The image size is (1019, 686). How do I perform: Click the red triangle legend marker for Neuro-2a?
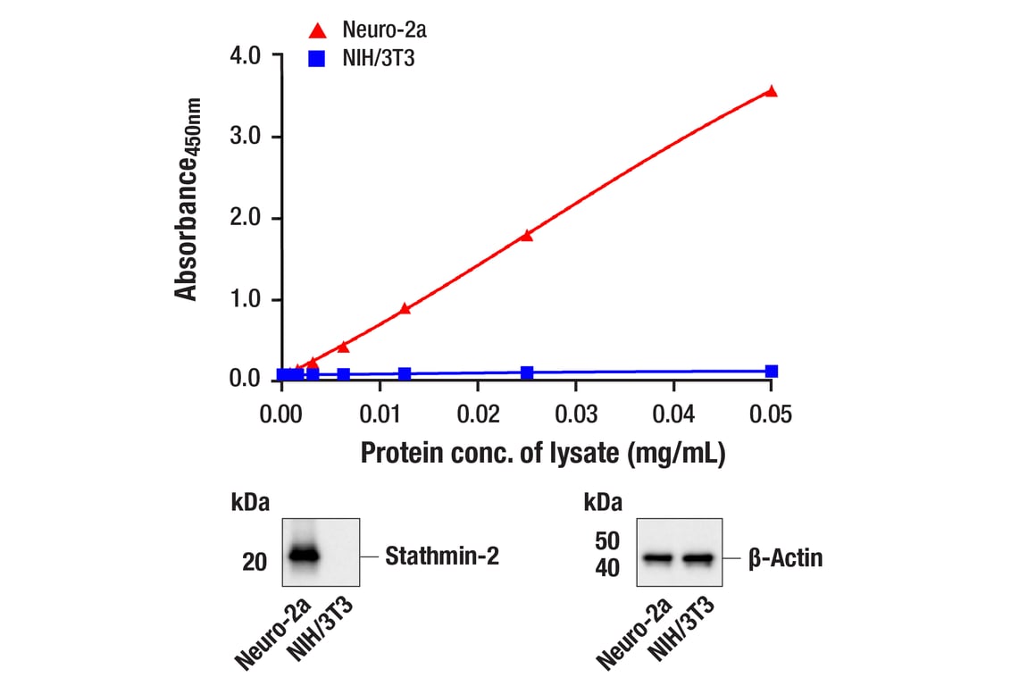317,31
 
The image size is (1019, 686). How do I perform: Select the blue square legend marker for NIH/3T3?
317,60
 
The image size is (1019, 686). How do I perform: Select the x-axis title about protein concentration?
543,453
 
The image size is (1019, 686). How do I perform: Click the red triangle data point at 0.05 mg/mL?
772,91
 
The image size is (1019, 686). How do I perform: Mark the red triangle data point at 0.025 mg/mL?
527,235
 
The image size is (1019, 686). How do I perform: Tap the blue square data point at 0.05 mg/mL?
772,371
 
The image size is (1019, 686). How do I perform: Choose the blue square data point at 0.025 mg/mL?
527,372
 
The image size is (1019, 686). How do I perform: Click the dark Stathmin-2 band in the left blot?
303,555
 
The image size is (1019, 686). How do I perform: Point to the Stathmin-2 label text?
442,557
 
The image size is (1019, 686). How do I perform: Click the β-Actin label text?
786,559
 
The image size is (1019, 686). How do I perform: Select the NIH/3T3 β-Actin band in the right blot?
698,559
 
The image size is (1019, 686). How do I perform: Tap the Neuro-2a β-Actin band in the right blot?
657,559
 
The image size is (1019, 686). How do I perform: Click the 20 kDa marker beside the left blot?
255,562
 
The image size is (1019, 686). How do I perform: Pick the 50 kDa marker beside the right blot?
608,540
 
